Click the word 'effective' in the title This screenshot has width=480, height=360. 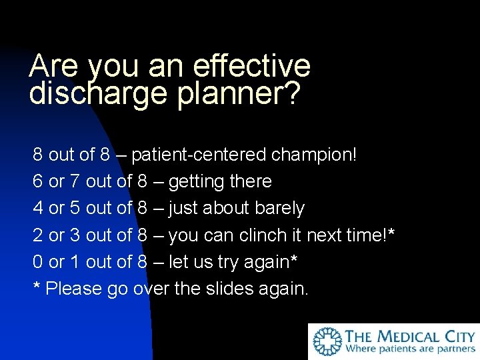point(251,66)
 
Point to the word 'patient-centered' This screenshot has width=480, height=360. point(199,155)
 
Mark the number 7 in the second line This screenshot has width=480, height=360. point(75,182)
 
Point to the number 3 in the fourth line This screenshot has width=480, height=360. point(75,235)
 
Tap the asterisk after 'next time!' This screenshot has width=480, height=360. point(391,233)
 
